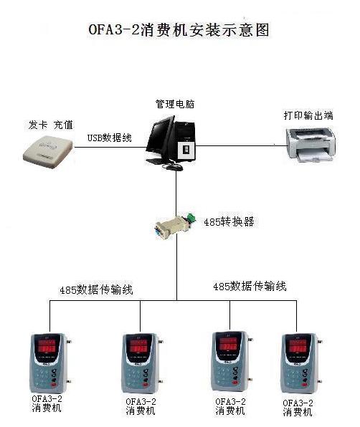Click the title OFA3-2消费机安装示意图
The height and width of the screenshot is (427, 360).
coord(179,30)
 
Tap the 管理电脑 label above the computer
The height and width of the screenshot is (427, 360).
coord(175,104)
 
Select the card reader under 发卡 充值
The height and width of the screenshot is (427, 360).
coord(48,151)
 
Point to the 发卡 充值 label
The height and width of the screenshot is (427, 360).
coord(51,125)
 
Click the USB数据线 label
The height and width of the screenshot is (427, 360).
coord(109,138)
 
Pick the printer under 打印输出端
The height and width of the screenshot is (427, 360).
coord(311,145)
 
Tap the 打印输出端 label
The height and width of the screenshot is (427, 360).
coord(308,115)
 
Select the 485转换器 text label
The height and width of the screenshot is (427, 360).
coord(229,222)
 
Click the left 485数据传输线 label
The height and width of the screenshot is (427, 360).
coord(96,289)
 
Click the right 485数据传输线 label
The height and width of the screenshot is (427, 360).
coord(250,287)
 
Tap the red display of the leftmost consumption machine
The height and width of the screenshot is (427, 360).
coord(46,346)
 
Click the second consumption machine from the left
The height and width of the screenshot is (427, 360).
coord(142,363)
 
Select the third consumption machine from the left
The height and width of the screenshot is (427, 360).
coord(232,361)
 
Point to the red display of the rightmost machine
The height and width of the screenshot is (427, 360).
coord(298,346)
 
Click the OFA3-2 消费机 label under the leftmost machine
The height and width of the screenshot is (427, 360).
coord(47,403)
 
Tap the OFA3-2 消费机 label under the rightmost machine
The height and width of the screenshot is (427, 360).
coord(298,408)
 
